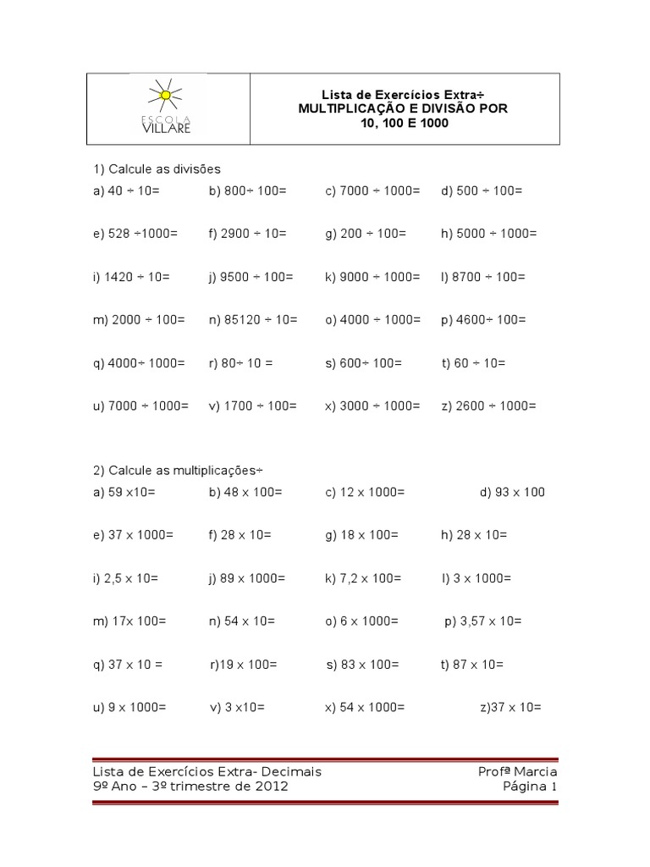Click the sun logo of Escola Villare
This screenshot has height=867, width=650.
tap(165, 94)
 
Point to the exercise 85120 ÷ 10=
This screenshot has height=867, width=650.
tap(253, 320)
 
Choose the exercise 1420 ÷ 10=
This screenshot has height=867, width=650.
tap(132, 277)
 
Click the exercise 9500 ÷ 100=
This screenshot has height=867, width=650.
tap(251, 277)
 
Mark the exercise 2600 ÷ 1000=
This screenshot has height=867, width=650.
tap(488, 406)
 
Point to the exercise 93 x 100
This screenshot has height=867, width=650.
tap(512, 493)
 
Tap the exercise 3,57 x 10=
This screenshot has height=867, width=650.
tap(483, 621)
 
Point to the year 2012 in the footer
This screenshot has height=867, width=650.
tap(271, 787)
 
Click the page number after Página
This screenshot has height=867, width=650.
tap(554, 787)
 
